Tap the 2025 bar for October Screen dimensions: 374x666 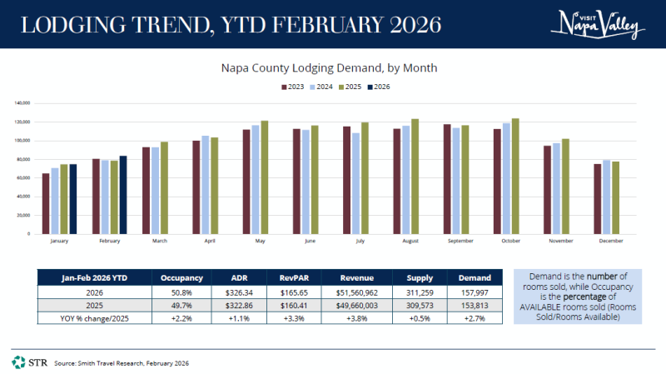click(515, 176)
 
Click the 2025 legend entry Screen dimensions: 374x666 click(351, 87)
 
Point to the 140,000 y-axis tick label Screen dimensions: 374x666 click(22, 103)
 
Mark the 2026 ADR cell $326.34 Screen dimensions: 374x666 click(229, 293)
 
